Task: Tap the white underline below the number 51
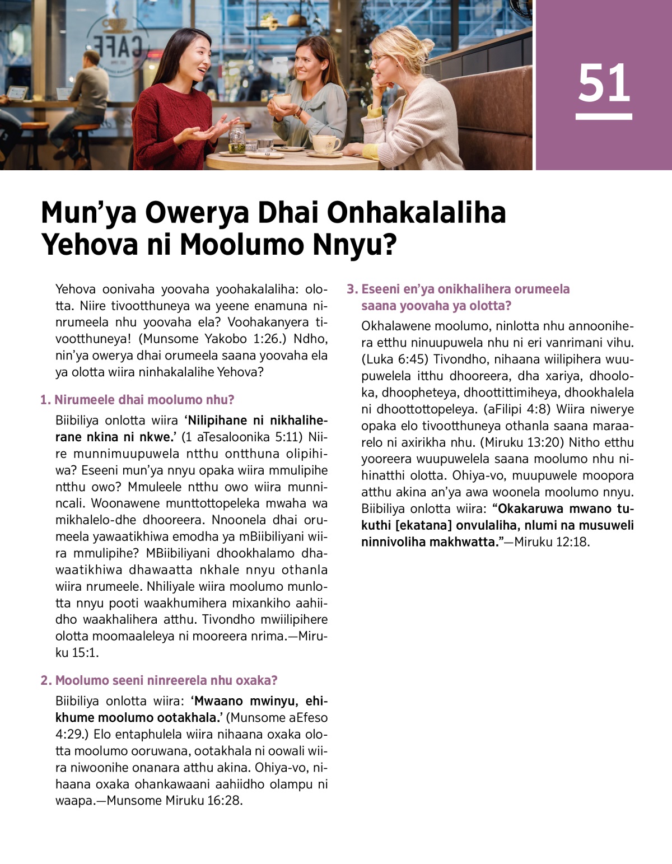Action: [604, 116]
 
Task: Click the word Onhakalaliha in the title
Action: [416, 213]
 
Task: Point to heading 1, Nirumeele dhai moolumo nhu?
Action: [138, 400]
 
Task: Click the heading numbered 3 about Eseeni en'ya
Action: [459, 297]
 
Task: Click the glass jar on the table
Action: [237, 139]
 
